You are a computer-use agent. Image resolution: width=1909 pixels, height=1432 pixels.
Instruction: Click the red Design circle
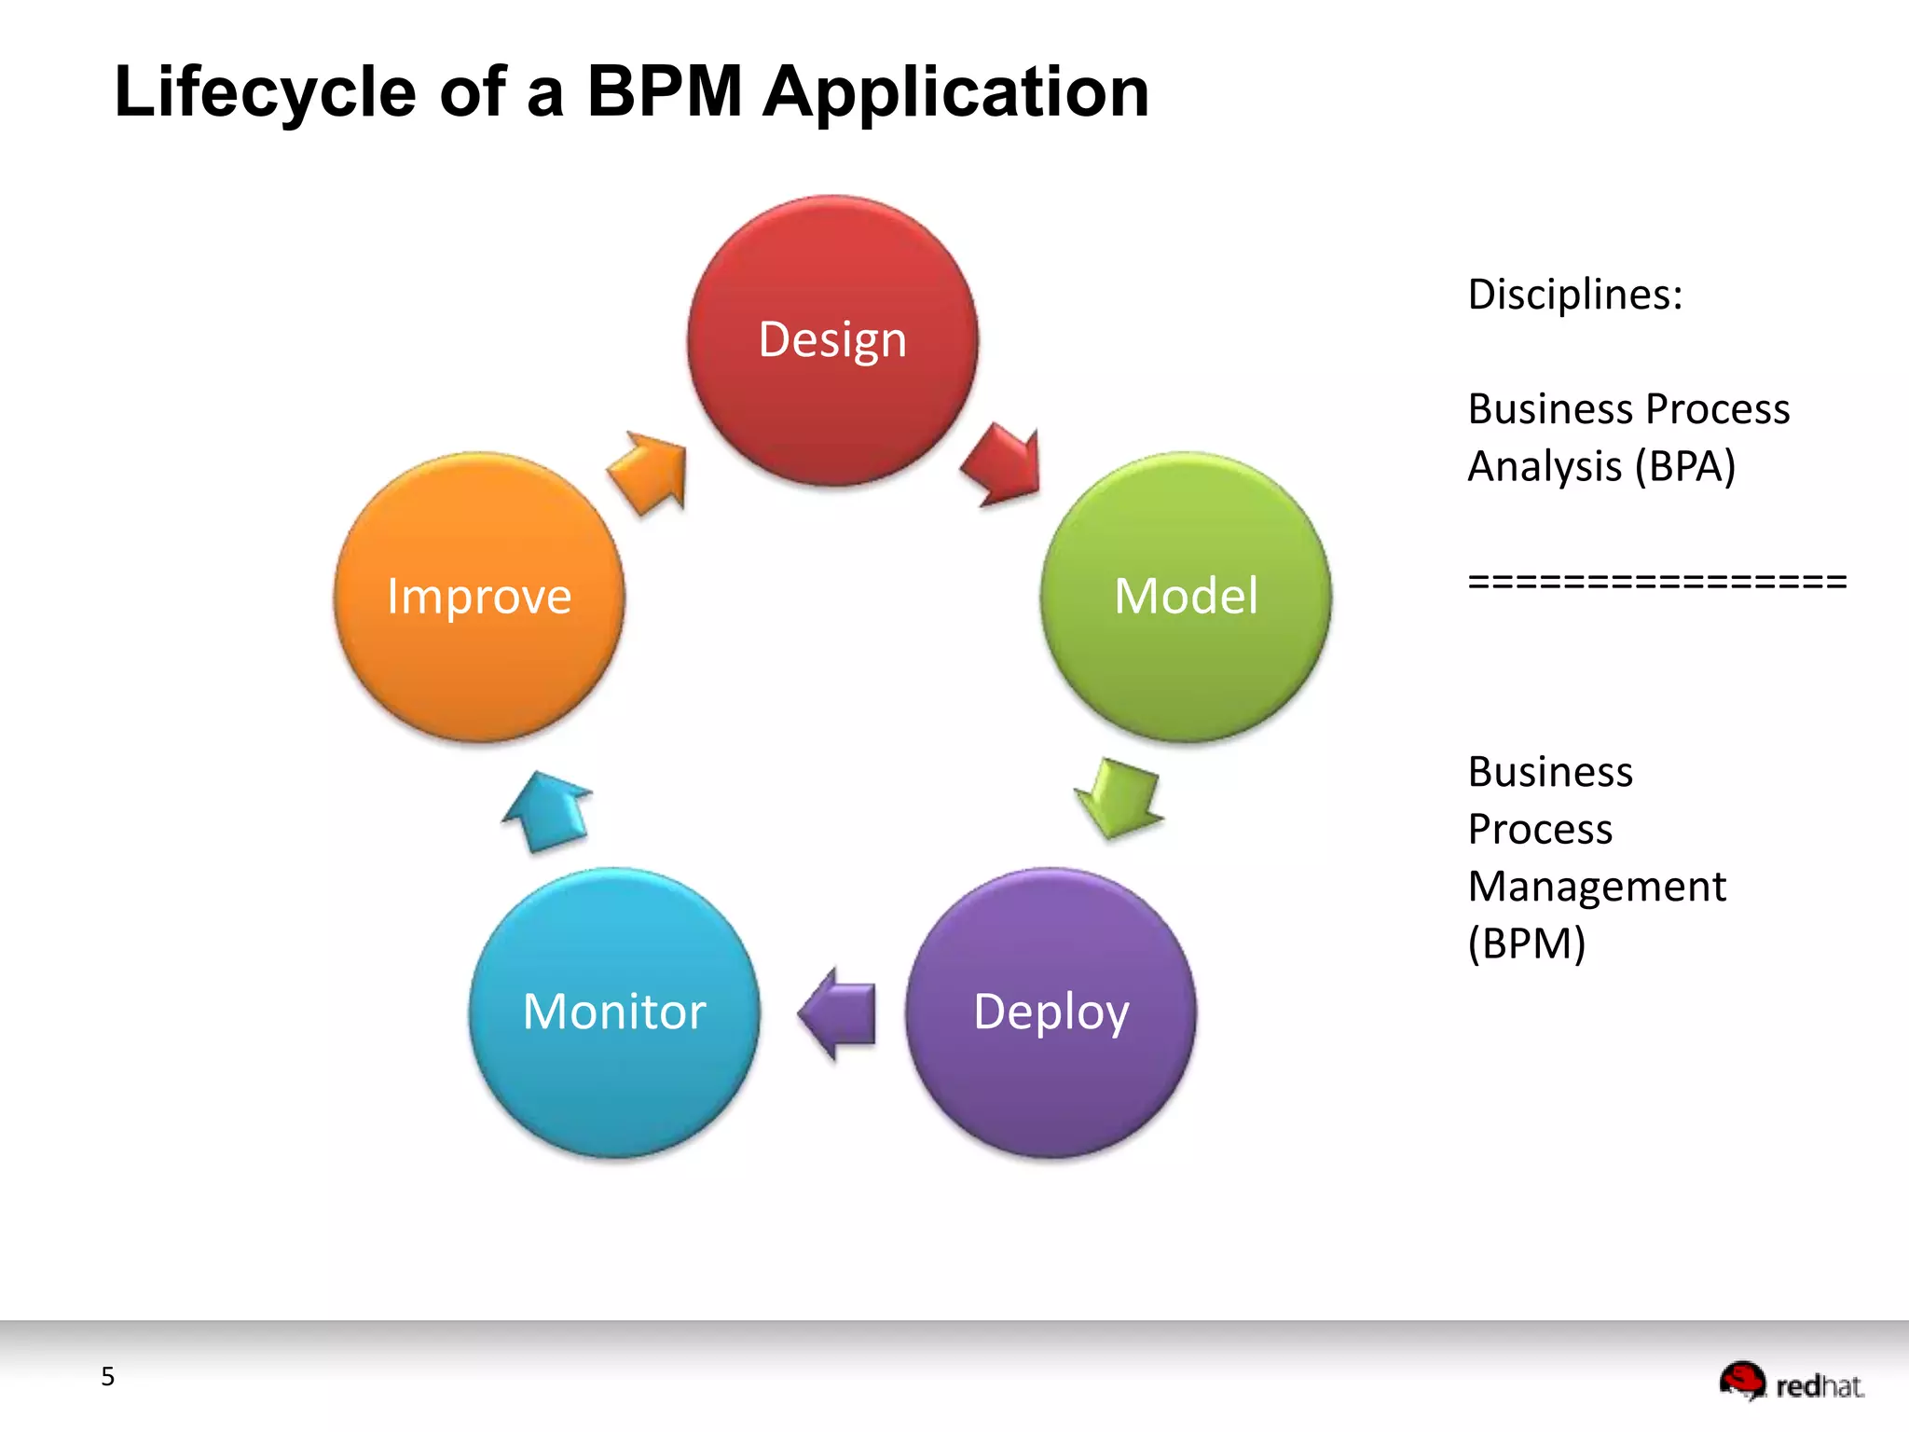832,340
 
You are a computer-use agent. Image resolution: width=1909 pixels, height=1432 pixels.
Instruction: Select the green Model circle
1186,597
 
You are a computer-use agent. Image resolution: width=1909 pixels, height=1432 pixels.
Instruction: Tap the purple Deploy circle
1051,1012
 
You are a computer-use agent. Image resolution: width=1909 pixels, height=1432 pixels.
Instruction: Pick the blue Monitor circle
614,1012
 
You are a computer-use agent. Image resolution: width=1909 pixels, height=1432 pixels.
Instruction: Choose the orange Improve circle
479,597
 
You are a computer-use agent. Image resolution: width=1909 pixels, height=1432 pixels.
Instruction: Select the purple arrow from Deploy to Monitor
839,1013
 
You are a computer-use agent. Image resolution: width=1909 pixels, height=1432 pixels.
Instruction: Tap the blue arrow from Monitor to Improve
548,811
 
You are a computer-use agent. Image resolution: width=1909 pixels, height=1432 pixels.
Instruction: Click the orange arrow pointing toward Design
650,471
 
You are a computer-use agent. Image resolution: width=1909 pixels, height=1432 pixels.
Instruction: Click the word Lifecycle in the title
265,92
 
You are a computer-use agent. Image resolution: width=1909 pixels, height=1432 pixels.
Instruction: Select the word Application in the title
955,92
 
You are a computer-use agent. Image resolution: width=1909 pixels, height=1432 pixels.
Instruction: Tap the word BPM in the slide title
664,92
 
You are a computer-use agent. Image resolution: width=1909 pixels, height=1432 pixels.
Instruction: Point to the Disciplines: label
1575,295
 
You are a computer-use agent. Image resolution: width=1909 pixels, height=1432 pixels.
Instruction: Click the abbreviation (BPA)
1685,466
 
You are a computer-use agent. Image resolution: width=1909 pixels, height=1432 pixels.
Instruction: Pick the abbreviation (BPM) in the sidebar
1527,943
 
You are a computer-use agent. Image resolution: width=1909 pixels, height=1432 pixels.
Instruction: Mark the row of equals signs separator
1656,582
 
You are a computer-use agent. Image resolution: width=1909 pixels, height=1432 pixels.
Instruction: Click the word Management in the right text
1597,887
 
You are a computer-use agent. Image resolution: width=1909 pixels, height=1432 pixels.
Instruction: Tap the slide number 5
108,1376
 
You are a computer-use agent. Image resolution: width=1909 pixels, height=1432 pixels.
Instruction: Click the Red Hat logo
1791,1382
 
